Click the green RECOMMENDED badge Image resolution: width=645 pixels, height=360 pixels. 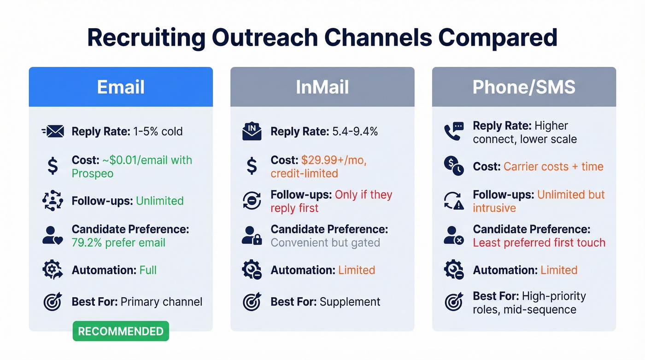pos(121,331)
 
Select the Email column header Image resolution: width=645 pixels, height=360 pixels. pos(121,87)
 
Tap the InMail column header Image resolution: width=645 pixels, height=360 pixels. pos(322,87)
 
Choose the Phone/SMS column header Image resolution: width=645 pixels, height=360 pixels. pos(524,87)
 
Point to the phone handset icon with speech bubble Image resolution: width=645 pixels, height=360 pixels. pos(453,132)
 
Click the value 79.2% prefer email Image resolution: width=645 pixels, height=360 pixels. pos(118,242)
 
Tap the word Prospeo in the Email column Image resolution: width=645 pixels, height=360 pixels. pos(93,174)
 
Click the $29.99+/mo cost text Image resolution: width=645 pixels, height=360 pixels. pos(334,160)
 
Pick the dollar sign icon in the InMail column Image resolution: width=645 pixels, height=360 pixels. pos(252,166)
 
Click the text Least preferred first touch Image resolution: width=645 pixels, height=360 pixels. pos(539,242)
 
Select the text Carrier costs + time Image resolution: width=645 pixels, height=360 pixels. pos(553,166)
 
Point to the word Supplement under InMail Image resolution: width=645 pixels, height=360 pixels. pos(350,302)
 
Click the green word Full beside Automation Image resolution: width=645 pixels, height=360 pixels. pos(148,270)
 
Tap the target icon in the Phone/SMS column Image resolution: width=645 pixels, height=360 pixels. pos(453,302)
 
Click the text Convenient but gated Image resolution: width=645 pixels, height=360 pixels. pos(325,242)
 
